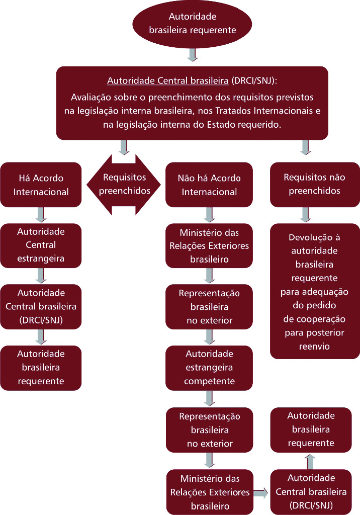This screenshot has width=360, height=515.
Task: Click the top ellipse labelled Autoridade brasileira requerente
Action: tap(192, 24)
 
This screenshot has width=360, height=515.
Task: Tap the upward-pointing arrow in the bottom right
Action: tap(310, 461)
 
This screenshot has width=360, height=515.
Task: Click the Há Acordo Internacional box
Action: tap(41, 185)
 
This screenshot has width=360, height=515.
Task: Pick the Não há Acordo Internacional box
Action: tap(209, 185)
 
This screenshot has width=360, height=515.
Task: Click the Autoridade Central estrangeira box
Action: tap(41, 245)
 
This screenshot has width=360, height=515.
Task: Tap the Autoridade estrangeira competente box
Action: tap(209, 367)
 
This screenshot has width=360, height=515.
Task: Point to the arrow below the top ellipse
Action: tap(192, 54)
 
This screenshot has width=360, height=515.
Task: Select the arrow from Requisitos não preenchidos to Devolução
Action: tap(305, 215)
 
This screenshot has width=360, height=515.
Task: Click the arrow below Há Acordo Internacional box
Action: tap(41, 215)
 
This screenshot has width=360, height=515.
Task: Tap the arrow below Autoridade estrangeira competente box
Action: tap(209, 398)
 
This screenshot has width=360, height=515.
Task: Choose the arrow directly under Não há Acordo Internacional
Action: tap(209, 215)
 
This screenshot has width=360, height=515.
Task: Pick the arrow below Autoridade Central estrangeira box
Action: tap(41, 276)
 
